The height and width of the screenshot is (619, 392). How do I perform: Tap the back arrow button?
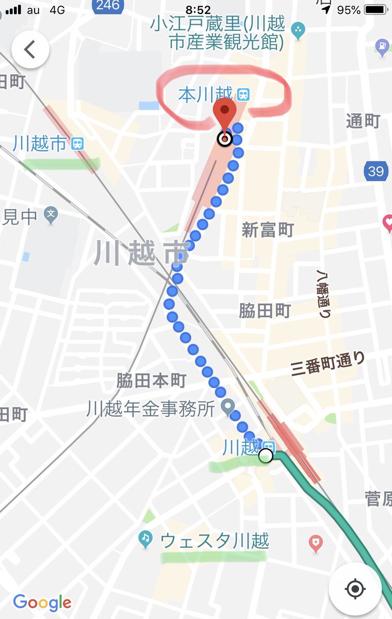(x=30, y=50)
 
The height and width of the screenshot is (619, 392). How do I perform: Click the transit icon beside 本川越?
(x=243, y=94)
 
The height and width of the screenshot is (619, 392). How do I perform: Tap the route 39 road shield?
(x=375, y=171)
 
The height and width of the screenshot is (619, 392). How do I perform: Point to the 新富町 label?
(x=268, y=230)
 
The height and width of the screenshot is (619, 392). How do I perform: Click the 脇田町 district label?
(x=265, y=311)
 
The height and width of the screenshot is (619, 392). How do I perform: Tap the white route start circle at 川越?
(x=266, y=455)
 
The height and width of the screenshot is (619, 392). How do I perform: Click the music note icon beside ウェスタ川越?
(x=146, y=540)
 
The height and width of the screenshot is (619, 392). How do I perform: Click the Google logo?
(x=42, y=602)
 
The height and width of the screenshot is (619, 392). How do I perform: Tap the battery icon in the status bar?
(x=377, y=10)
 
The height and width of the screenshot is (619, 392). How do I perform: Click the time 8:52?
(x=198, y=10)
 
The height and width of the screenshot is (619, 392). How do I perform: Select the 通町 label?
(x=363, y=121)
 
